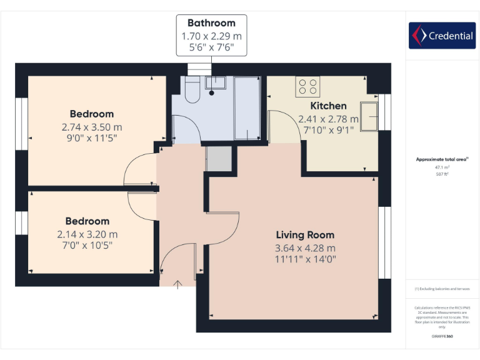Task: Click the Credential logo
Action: pos(442,36)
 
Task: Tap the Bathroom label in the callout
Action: pos(211,23)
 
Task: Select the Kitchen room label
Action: pos(328,106)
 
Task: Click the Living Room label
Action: pos(305,235)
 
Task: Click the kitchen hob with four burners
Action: pos(307,85)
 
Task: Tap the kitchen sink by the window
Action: pos(370,117)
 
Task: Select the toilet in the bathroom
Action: pos(192,92)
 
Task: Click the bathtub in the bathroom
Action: pos(246,108)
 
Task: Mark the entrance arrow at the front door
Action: pos(177,285)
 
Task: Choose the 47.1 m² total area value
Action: pos(442,167)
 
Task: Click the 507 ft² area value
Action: pos(442,174)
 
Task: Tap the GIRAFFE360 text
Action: pos(442,336)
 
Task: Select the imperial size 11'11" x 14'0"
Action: pos(306,259)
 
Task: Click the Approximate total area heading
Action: pos(442,159)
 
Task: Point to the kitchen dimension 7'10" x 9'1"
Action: pos(328,130)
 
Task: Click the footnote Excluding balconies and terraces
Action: pos(442,289)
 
